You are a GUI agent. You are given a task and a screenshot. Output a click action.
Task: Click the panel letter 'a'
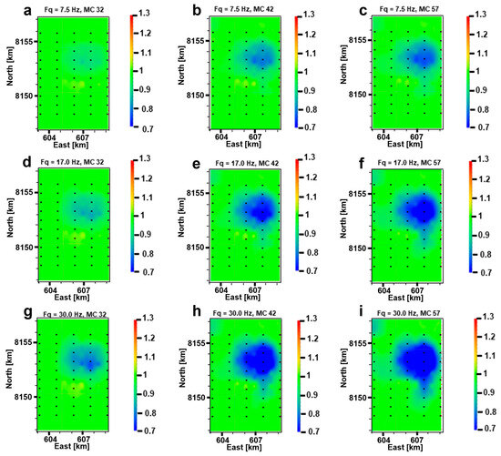(8, 10)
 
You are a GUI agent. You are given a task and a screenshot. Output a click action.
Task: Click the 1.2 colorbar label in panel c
(484, 35)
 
